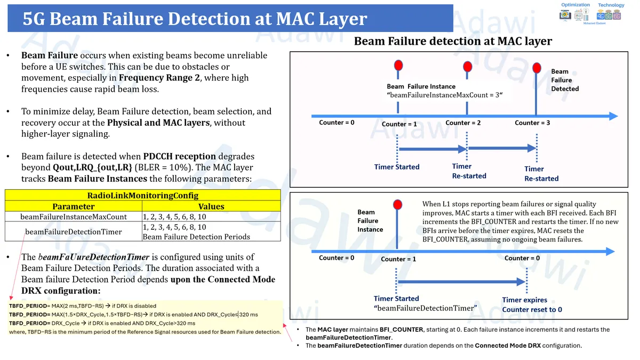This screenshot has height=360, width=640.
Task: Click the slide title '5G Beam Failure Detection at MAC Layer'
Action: click(195, 19)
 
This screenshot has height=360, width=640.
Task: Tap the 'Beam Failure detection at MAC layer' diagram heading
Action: click(453, 41)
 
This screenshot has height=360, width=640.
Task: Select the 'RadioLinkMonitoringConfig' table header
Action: click(142, 195)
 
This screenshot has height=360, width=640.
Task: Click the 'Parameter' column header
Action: click(73, 206)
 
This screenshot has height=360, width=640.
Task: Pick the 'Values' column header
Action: click(211, 206)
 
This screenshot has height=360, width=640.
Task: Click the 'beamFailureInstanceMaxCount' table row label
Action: click(73, 217)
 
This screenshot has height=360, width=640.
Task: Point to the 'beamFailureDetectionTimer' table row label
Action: click(73, 231)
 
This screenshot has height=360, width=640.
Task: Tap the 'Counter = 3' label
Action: click(532, 123)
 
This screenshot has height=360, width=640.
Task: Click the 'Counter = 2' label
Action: click(463, 123)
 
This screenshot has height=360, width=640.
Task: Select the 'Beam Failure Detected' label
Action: click(564, 80)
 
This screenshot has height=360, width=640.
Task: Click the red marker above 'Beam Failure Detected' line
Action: click(537, 67)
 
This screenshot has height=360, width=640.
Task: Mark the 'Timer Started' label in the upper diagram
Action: click(397, 167)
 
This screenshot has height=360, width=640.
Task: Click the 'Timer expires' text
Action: click(524, 300)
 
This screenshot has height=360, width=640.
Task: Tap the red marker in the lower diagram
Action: click(397, 205)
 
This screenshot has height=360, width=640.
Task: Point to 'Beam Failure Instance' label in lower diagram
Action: click(370, 221)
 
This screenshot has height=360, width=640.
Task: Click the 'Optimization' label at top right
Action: click(575, 5)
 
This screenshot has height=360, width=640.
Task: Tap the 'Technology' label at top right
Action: click(611, 5)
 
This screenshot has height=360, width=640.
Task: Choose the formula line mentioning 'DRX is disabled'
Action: click(83, 306)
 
